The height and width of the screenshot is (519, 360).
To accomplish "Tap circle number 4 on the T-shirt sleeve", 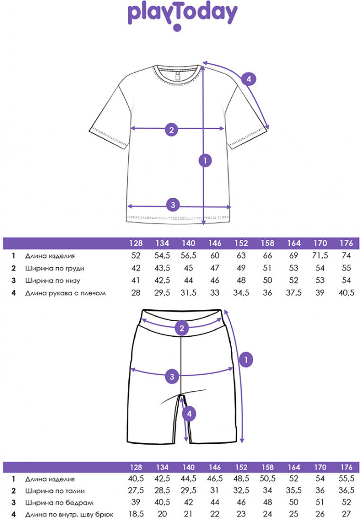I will (x=249, y=79).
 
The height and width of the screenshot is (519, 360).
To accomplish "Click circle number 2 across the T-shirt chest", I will (x=171, y=130).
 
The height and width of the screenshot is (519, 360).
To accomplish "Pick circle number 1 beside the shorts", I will (x=247, y=358).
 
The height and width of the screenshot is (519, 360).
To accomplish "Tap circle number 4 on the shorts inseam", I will (x=190, y=414).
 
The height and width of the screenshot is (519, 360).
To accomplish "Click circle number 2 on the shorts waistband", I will (x=181, y=328).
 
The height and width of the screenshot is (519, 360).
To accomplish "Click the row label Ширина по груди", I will (x=55, y=268).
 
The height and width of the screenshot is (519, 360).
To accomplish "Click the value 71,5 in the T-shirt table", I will (x=321, y=256).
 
